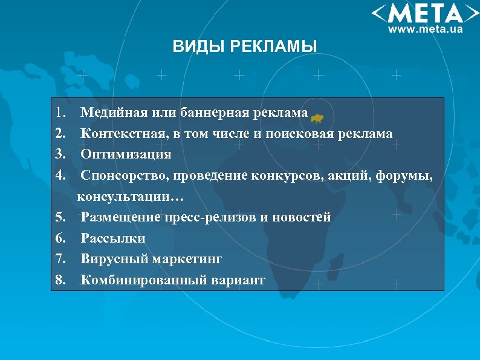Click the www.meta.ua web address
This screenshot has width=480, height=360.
click(425, 29)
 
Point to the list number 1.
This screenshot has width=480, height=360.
click(59, 113)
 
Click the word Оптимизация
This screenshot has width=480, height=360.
click(126, 154)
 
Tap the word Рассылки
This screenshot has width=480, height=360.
click(113, 238)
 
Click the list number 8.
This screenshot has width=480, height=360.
click(59, 280)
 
